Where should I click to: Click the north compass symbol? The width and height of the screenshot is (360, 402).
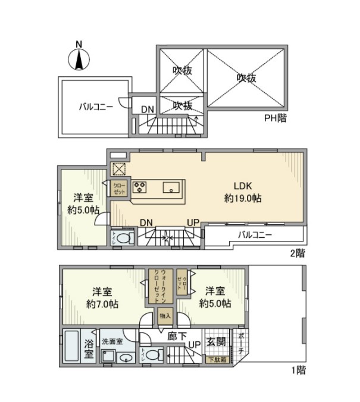(79, 58)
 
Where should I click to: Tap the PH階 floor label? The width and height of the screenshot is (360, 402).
(276, 118)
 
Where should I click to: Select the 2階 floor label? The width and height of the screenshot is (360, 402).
(297, 253)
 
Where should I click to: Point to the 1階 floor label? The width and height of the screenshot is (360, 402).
(299, 370)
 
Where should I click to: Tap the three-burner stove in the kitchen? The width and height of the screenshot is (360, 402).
(140, 187)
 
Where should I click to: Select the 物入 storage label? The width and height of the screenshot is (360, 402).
(164, 316)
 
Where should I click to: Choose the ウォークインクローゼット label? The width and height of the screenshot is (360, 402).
(160, 286)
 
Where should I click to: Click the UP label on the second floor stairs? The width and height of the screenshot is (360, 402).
(193, 222)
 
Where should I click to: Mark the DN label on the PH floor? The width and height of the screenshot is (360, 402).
(147, 109)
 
